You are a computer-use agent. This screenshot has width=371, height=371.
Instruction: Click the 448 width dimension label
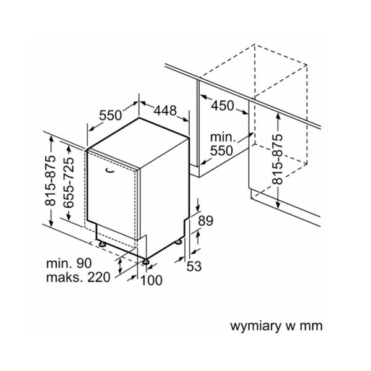[165, 111]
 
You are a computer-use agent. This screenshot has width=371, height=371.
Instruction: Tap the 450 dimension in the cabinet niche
[222, 106]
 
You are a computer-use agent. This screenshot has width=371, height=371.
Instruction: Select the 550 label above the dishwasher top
[109, 116]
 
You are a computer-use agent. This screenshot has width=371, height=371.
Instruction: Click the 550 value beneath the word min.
[221, 150]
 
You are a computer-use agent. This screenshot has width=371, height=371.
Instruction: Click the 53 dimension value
[195, 266]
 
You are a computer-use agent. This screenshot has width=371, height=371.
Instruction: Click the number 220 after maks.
[98, 277]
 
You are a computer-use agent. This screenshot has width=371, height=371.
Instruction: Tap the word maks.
[64, 277]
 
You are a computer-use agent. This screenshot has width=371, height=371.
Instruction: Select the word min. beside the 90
[60, 263]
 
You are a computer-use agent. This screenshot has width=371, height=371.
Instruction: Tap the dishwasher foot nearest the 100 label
[146, 262]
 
